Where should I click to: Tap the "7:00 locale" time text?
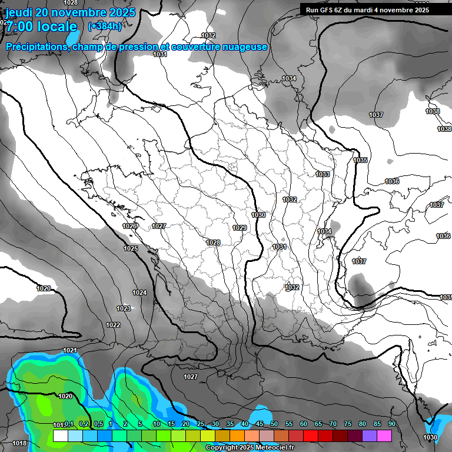point(41,26)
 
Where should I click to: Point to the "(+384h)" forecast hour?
point(105,26)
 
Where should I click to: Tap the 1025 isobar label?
point(131,248)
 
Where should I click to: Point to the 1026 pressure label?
point(130,226)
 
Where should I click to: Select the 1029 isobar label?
point(240,228)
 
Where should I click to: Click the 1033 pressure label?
point(323,174)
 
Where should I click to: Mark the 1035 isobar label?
point(360,160)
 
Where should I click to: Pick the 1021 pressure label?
point(70,350)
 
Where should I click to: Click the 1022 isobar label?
point(113,325)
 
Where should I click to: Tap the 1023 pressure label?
point(124,308)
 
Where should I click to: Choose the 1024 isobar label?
point(139,293)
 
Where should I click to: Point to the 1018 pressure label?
point(19,443)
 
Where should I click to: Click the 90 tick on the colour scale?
point(391,424)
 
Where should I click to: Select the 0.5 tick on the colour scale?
point(98,424)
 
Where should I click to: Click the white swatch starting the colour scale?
point(60,436)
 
